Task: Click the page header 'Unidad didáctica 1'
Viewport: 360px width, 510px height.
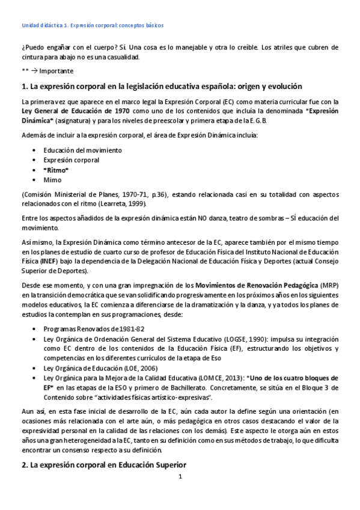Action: point(45,26)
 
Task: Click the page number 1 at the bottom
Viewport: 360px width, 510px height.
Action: point(179,494)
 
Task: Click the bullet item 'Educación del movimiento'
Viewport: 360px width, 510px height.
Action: point(82,150)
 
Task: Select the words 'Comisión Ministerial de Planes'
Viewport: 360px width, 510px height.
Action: point(67,194)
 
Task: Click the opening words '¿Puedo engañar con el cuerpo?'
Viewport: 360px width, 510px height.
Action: point(66,48)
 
